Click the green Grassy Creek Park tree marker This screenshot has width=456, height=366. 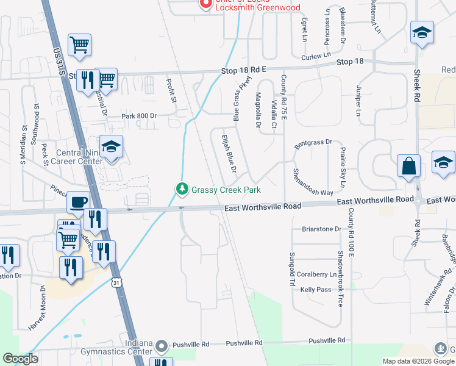click(182, 189)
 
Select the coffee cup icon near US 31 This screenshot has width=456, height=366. click(78, 202)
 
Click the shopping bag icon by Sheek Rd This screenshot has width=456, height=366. click(408, 166)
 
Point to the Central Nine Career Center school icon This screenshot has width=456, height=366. click(112, 147)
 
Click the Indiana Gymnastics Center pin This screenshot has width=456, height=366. click(162, 346)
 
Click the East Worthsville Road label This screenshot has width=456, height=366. click(263, 207)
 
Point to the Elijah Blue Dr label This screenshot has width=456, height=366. click(229, 152)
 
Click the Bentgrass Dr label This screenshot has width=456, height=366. click(313, 145)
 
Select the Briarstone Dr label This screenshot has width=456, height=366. click(322, 229)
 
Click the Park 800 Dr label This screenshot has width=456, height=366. click(139, 116)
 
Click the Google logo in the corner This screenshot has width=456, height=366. click(20, 359)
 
